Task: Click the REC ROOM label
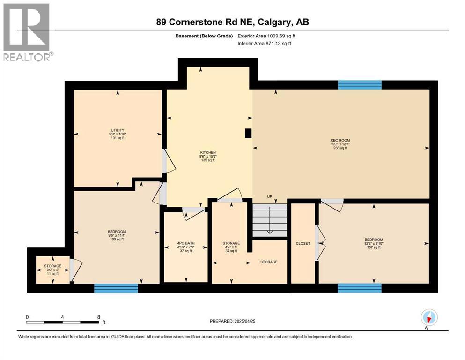coord(340,140)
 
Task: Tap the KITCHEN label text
coord(207,152)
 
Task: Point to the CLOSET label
coord(303,243)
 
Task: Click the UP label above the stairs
coord(269,196)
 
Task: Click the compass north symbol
coord(429,318)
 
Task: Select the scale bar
coord(63,322)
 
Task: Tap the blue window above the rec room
coord(360,85)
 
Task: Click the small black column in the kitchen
coord(248,134)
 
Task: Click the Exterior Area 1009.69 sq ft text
coord(266,36)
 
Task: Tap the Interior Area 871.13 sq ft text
coord(265,44)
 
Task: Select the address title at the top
coord(232,22)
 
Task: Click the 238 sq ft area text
coord(340,148)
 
